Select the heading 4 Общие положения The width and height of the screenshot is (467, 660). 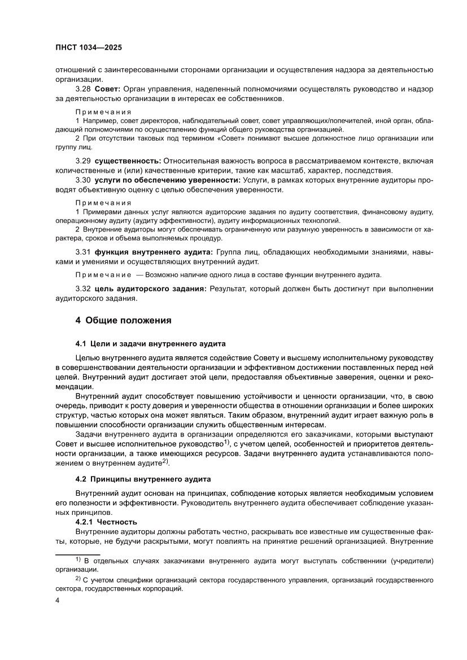click(124, 320)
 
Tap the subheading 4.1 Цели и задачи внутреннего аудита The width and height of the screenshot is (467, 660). click(150, 343)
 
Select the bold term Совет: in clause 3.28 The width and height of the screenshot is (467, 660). click(107, 89)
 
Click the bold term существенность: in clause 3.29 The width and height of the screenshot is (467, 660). click(128, 162)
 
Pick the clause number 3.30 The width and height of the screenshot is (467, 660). click(83, 180)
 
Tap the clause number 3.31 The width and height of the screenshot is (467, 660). click(83, 251)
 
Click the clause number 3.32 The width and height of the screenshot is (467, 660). click(83, 289)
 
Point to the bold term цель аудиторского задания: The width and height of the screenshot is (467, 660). click(151, 289)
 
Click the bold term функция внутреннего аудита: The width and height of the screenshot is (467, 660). click(154, 251)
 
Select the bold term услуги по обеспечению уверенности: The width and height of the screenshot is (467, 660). click(167, 180)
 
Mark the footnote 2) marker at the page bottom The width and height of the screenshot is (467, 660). click(78, 578)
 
